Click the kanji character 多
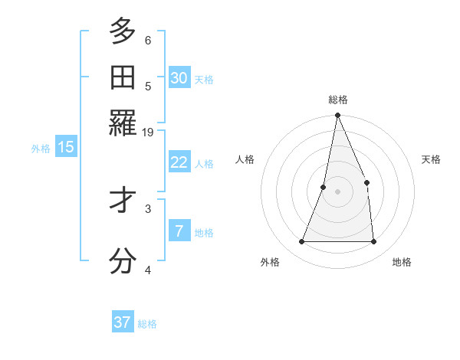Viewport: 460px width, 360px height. click(123, 31)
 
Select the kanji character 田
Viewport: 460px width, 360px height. click(123, 77)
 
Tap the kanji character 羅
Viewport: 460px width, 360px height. click(123, 123)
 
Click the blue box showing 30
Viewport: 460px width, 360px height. click(179, 78)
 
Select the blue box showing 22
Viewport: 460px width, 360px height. click(179, 162)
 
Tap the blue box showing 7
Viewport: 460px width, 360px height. click(179, 231)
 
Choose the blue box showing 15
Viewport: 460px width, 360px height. click(66, 147)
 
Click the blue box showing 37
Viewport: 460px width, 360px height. click(123, 322)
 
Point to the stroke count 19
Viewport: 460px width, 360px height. click(148, 133)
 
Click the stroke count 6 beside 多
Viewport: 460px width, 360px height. click(148, 41)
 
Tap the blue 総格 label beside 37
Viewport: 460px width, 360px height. click(147, 324)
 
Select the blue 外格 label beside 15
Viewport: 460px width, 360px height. click(41, 149)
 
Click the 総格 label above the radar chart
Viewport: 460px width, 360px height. click(338, 100)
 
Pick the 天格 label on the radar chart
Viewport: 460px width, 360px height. click(431, 159)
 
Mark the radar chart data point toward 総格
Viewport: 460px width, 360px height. click(338, 116)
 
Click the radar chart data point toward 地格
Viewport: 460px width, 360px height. click(374, 242)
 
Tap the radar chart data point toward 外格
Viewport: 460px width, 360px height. click(302, 242)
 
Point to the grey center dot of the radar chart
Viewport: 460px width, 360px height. click(338, 191)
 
